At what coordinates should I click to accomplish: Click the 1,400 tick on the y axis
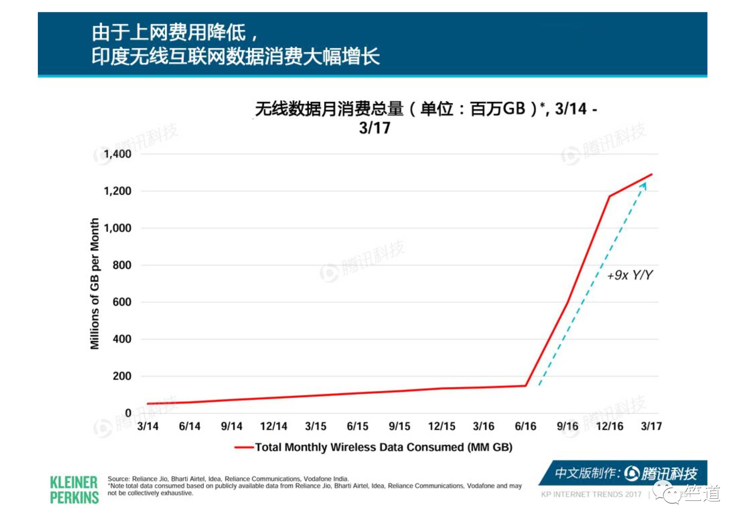coord(117,154)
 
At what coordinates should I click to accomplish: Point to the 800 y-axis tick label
coord(122,265)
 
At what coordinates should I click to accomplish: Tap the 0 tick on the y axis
coord(128,413)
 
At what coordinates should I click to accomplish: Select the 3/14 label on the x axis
coord(148,426)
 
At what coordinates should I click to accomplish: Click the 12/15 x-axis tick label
coord(441,426)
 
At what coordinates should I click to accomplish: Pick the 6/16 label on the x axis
coord(525,426)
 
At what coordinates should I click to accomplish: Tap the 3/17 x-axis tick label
coord(651,426)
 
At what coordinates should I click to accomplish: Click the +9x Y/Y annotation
coord(630,275)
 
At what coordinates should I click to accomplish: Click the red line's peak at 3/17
coord(652,174)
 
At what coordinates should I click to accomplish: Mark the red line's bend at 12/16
coord(610,196)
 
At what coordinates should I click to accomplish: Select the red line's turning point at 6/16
coord(526,386)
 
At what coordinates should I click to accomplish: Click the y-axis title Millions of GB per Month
coord(94,283)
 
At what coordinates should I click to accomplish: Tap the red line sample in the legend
coord(244,447)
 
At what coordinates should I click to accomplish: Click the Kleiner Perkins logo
coord(74,490)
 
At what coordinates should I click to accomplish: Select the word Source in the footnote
coord(118,479)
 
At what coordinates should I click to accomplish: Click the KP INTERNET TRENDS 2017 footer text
coord(591,494)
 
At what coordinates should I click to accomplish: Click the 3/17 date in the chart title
coord(374,128)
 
